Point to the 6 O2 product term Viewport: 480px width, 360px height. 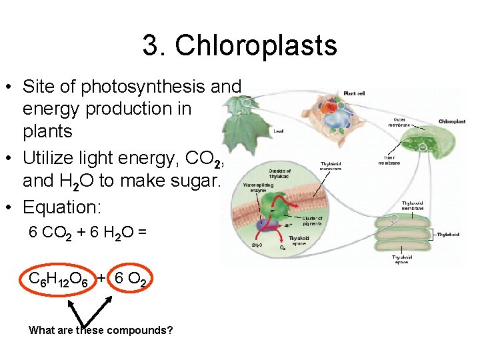tap(130, 279)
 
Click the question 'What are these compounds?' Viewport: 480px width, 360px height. tap(101, 330)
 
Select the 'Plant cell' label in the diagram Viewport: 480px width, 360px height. tap(354, 93)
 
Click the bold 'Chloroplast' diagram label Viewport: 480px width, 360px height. tap(452, 122)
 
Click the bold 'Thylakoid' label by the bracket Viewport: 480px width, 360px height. tap(447, 234)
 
